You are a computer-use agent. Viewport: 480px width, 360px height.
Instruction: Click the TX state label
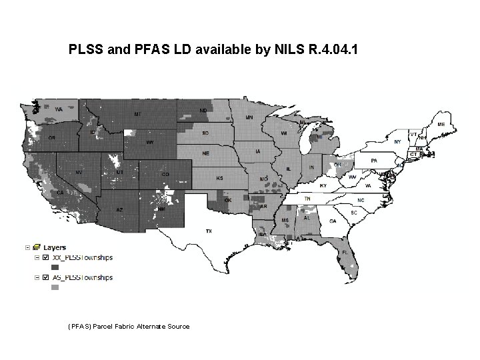(x=209, y=231)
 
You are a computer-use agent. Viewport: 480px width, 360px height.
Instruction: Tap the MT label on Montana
(x=137, y=114)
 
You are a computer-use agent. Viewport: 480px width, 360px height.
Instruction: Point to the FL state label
(x=344, y=252)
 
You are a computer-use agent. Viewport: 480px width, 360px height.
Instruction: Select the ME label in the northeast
(x=441, y=124)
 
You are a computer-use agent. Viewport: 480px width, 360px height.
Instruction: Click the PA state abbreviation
(x=374, y=160)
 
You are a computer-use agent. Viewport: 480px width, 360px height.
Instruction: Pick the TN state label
(x=307, y=199)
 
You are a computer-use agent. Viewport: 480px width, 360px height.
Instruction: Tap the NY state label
(x=397, y=141)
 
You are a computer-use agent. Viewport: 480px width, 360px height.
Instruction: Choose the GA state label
(x=332, y=221)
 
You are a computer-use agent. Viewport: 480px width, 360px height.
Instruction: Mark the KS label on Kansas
(x=220, y=179)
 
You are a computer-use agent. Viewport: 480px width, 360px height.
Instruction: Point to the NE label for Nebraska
(x=207, y=153)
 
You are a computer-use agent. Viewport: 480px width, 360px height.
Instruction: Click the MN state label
(x=249, y=117)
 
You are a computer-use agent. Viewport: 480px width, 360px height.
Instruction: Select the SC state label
(x=354, y=212)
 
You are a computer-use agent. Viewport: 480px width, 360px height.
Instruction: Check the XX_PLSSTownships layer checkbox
(x=45, y=257)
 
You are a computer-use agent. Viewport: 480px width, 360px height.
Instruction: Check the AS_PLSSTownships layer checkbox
(x=45, y=277)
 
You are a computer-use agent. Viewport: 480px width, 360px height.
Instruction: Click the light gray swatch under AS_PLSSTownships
(x=55, y=288)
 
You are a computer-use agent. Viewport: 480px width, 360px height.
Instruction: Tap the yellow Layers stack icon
(x=37, y=247)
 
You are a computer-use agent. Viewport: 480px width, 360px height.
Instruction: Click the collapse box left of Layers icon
(x=27, y=247)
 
